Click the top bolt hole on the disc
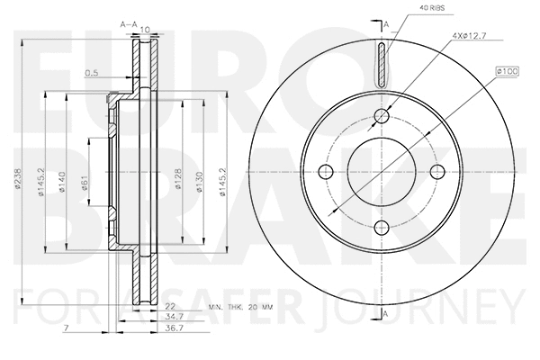point(382,114)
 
